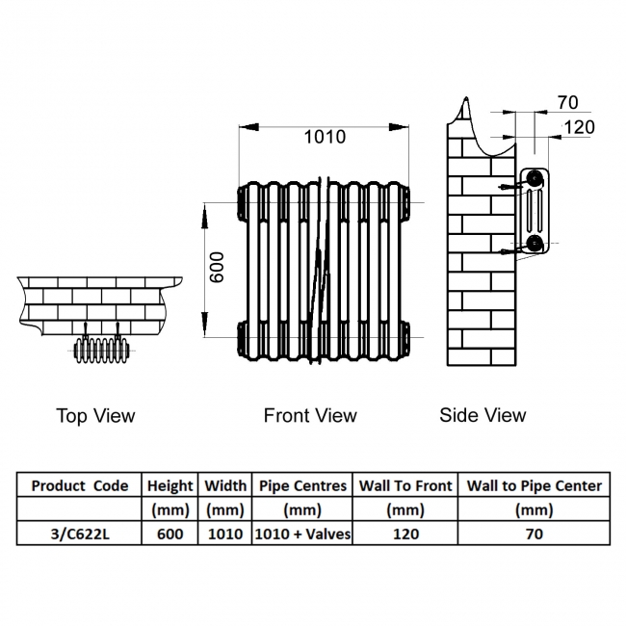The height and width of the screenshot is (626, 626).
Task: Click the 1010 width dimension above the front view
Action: pos(325,137)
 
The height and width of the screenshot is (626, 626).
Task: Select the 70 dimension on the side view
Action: pos(567,102)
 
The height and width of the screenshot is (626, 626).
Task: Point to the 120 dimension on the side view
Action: pos(579,126)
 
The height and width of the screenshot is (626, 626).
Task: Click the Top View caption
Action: pos(95,415)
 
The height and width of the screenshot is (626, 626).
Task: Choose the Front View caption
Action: pos(310,415)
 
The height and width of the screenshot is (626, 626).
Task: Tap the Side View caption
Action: pos(483,415)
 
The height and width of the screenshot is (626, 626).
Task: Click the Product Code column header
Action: pos(80,485)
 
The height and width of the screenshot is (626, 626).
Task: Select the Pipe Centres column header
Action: pos(302,485)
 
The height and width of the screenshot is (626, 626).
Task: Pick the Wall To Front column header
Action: pos(405,485)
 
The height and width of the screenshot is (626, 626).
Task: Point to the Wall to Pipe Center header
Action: pos(534,485)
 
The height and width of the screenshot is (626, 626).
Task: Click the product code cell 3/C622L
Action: pos(80,534)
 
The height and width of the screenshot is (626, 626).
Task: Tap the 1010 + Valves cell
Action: pos(302,534)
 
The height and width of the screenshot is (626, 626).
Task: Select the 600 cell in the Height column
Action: pos(170,534)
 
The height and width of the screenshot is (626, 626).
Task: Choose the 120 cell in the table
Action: pos(405,534)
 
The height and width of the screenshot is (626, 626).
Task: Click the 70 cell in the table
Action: pos(534,534)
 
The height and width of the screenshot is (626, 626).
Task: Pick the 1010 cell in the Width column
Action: pos(225,534)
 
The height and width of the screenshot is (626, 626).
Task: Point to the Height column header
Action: pos(170,485)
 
